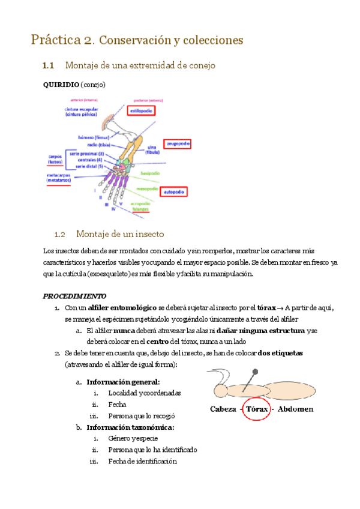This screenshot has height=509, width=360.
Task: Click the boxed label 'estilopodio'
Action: pyautogui.click(x=142, y=111)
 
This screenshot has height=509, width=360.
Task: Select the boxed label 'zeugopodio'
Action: pyautogui.click(x=178, y=144)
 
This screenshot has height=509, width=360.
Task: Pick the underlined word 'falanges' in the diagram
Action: pyautogui.click(x=141, y=209)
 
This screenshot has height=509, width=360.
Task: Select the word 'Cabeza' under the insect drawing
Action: pyautogui.click(x=222, y=409)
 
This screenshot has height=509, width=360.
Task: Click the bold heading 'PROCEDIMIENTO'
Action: pyautogui.click(x=74, y=296)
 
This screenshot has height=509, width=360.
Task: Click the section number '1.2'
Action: pyautogui.click(x=59, y=233)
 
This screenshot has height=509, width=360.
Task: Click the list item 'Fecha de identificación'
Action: pyautogui.click(x=142, y=461)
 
